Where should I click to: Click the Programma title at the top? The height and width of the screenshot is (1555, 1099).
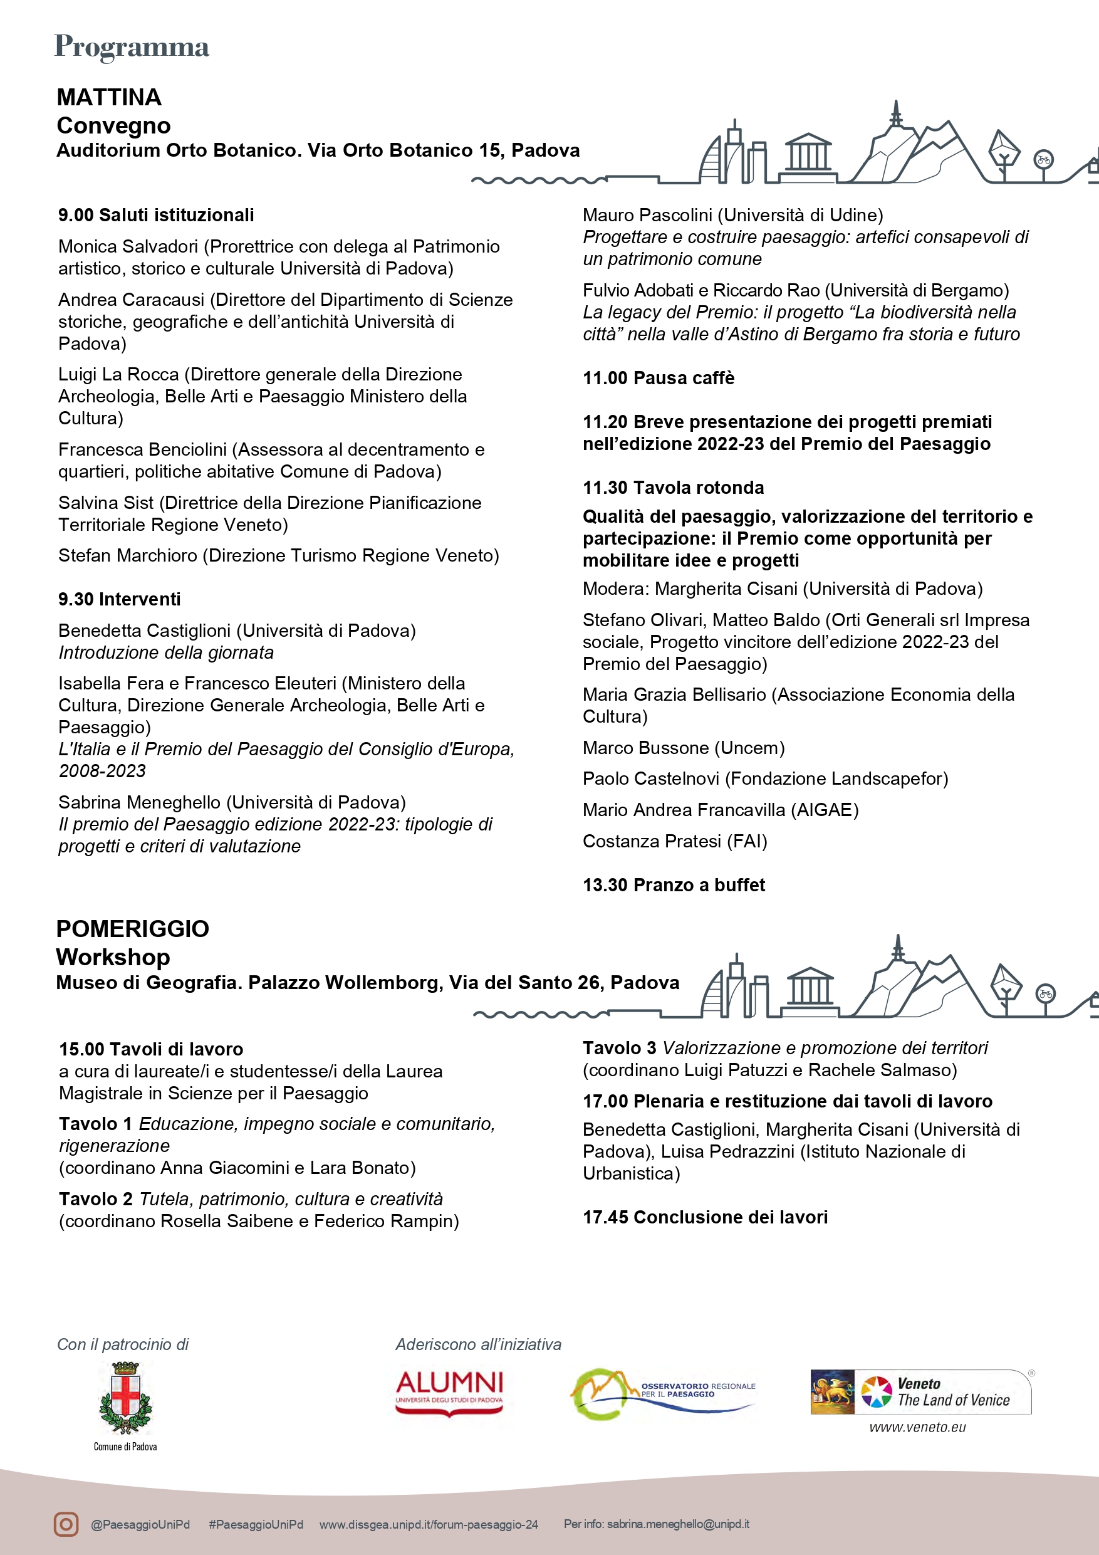132,47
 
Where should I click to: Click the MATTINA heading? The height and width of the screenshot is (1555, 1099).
109,98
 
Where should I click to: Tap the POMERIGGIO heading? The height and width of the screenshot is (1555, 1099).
133,928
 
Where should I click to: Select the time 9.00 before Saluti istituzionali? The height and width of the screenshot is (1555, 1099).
76,216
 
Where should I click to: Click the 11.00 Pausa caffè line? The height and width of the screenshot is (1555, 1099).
658,378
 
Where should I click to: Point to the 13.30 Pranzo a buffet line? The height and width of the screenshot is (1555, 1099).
674,885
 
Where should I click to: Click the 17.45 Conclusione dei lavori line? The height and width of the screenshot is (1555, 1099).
705,1217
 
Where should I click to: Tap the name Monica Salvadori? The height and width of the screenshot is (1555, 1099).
128,246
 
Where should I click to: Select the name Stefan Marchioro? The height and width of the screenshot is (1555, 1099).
128,556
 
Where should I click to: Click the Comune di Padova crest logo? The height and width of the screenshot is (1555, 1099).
125,1398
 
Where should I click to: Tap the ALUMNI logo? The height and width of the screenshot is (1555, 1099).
449,1393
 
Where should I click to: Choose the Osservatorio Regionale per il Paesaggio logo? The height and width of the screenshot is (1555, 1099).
662,1393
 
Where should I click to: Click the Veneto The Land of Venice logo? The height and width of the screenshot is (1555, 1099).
920,1393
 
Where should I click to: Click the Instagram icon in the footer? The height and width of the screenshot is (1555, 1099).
66,1524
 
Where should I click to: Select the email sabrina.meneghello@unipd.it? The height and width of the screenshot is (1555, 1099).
678,1524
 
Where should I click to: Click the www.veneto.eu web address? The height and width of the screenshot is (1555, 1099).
917,1428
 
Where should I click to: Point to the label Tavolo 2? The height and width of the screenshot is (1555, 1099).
95,1200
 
